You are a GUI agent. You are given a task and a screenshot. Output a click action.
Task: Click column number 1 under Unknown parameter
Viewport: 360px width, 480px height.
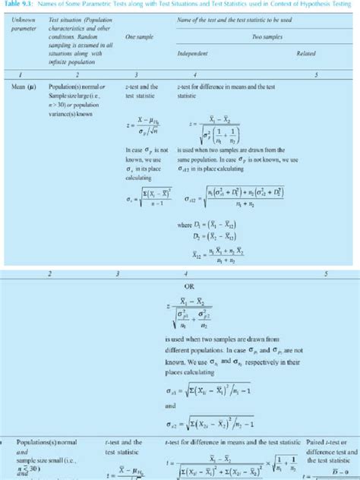[23, 75]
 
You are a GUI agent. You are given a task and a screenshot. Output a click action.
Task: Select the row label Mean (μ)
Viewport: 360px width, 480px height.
[22, 87]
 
